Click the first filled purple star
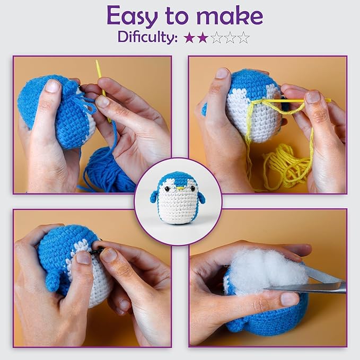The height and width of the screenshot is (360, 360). pos(189,38)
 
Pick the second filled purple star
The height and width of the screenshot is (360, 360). pos(203,38)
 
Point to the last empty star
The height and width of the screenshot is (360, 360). pos(243,38)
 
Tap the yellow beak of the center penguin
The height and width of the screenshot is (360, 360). pos(180,188)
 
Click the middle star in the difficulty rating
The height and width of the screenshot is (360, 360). pos(216,38)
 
